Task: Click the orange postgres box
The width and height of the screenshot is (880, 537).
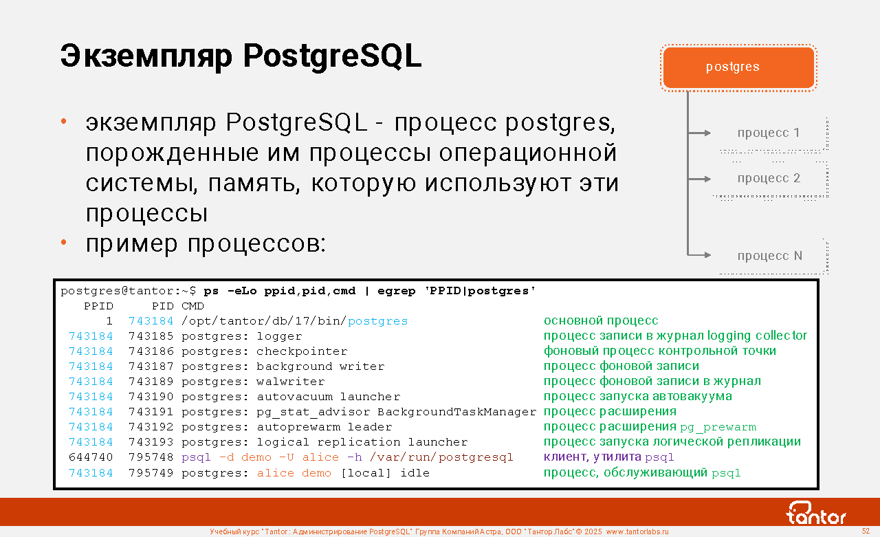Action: tap(738, 67)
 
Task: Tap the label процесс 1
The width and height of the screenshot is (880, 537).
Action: tap(769, 133)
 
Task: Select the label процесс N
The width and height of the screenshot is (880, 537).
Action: tap(769, 256)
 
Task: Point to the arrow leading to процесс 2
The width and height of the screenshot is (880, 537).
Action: tap(699, 179)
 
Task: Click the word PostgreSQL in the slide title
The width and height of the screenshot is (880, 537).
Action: tap(332, 56)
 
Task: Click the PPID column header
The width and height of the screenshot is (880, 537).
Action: tap(98, 306)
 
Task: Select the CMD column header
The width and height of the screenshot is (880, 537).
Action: tap(192, 306)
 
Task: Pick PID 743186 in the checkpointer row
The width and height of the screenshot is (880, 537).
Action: tap(151, 351)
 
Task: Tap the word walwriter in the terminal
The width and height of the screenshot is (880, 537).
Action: tap(291, 382)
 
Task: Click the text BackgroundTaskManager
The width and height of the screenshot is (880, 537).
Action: tap(457, 412)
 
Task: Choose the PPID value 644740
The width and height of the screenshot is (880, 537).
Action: tap(91, 457)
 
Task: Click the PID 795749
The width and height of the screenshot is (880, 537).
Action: tap(151, 472)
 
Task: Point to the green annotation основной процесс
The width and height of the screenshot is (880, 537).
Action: tap(601, 320)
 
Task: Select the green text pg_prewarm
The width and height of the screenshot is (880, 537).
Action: tap(718, 427)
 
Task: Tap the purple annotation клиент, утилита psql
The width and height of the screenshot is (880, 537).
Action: tap(608, 457)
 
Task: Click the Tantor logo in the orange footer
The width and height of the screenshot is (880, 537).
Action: tap(815, 513)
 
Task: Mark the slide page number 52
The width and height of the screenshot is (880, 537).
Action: tap(866, 531)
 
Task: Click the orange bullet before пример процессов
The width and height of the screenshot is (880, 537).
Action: tap(64, 243)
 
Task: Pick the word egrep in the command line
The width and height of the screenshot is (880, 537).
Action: tap(397, 291)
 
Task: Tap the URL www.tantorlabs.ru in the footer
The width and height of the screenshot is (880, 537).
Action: tap(637, 531)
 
